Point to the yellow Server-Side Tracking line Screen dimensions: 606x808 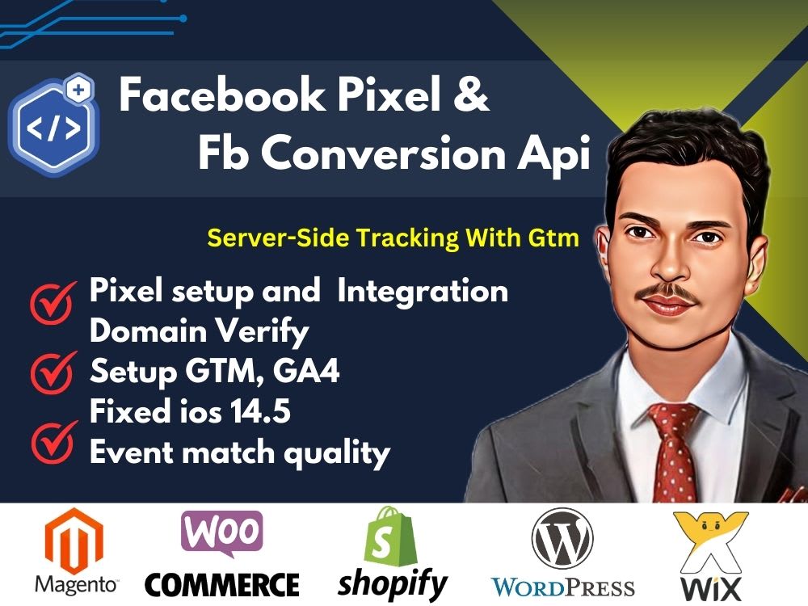point(393,238)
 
